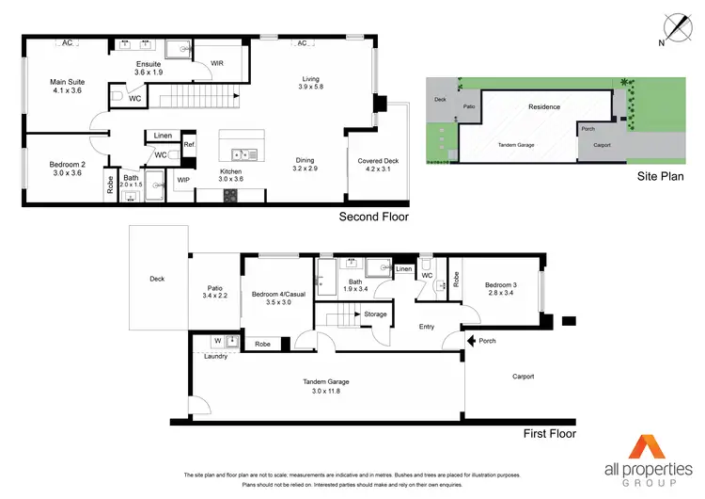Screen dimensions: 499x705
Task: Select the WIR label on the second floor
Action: coord(216,63)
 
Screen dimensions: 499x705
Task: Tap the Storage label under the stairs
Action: coord(376,314)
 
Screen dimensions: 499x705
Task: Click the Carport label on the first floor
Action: coord(523,377)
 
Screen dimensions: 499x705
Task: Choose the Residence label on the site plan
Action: coord(543,107)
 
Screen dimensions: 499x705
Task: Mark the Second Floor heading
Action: coord(373,217)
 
